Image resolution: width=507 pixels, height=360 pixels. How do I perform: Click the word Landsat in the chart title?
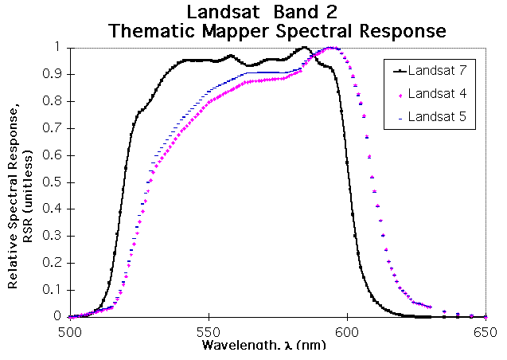[218, 13]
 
